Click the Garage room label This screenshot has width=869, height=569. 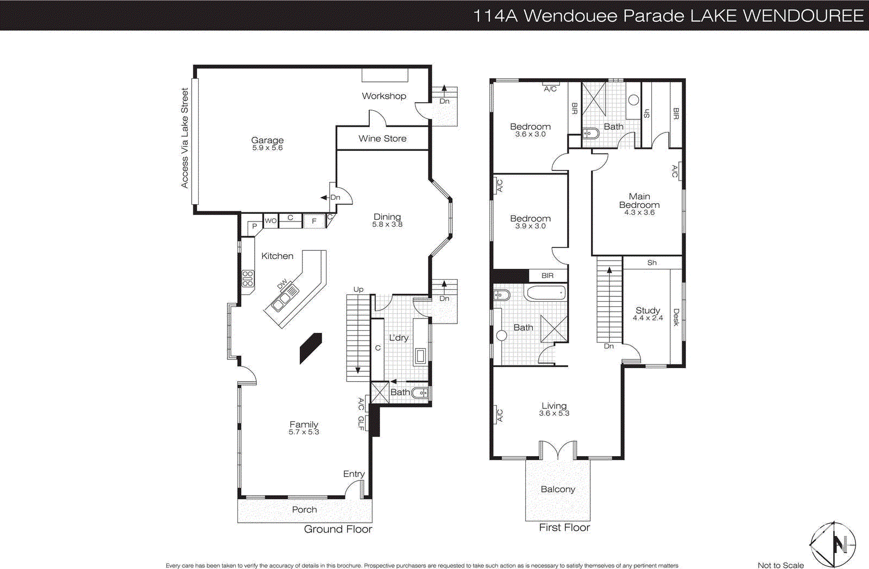[x=267, y=140]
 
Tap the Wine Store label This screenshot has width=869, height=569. [x=382, y=138]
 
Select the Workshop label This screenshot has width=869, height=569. [x=384, y=96]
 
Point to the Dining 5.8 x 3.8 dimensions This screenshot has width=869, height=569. [x=387, y=224]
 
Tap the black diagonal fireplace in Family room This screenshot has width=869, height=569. [x=311, y=348]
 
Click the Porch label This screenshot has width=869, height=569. [x=304, y=509]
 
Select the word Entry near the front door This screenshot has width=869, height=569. [x=354, y=474]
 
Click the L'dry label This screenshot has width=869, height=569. [x=399, y=338]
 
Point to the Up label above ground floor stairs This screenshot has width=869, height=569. [x=358, y=289]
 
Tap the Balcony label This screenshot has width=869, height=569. [x=558, y=489]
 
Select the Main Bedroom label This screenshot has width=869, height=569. [x=639, y=200]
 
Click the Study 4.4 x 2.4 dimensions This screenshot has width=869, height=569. [x=648, y=318]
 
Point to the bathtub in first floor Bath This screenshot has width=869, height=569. [x=546, y=294]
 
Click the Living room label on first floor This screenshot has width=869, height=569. [x=554, y=406]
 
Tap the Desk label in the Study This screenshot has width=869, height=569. [x=676, y=317]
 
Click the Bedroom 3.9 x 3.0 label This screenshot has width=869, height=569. [x=530, y=218]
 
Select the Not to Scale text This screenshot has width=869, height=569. [x=780, y=565]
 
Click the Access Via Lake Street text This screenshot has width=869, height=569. [x=185, y=138]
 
